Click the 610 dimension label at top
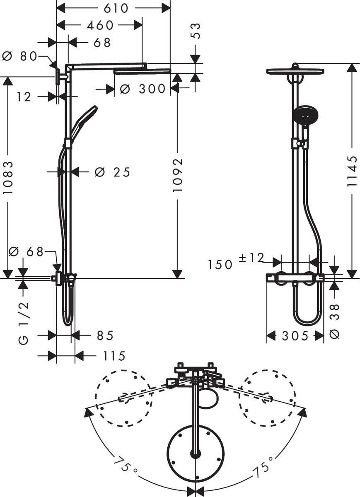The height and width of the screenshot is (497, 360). (113, 8)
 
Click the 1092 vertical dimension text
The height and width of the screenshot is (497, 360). (177, 174)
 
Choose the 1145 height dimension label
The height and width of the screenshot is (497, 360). (352, 171)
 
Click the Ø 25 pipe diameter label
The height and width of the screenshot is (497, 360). (112, 171)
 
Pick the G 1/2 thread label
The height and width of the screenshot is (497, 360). (24, 323)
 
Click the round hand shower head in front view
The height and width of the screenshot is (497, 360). (304, 114)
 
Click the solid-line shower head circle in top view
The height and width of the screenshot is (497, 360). (195, 453)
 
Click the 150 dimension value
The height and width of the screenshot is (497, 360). (220, 264)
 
